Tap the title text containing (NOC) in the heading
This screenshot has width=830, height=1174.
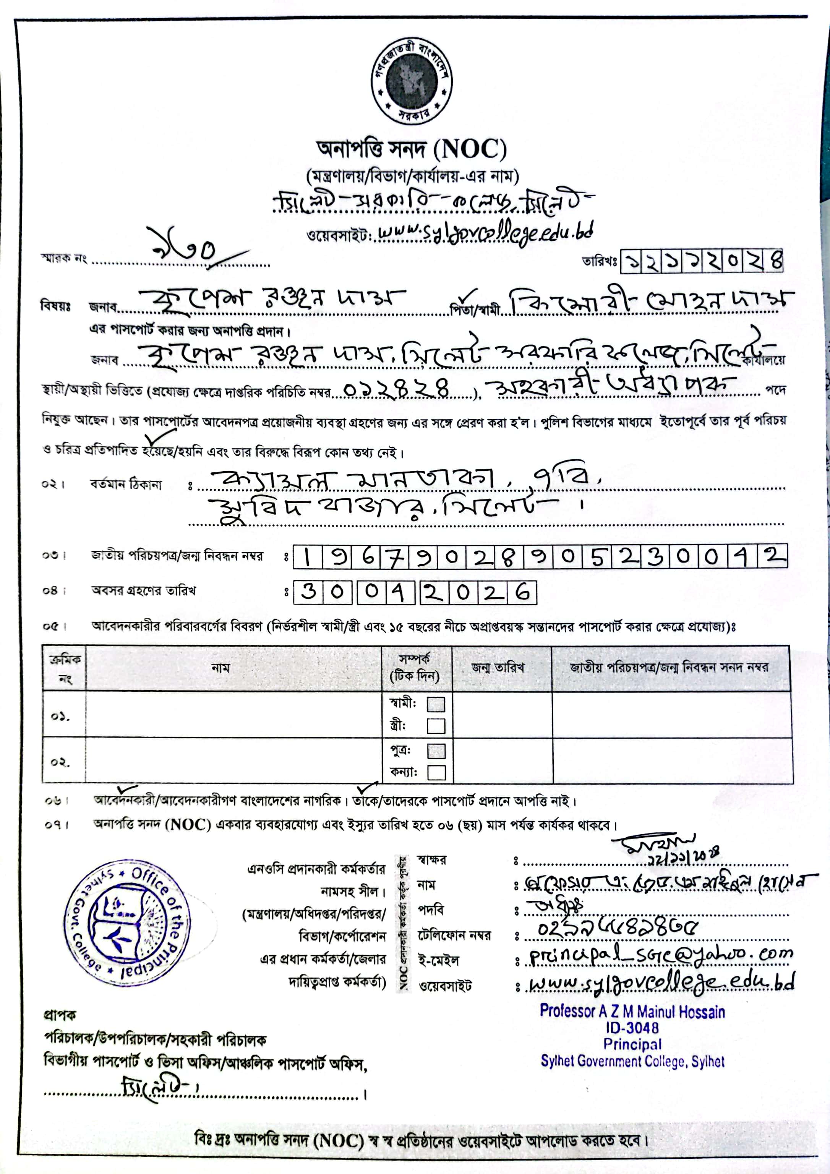[x=412, y=150]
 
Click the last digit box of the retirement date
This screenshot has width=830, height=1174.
[x=522, y=593]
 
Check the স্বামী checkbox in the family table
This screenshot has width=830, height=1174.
[x=436, y=705]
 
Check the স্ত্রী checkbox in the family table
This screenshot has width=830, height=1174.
[x=436, y=726]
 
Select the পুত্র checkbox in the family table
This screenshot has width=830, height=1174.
[x=436, y=751]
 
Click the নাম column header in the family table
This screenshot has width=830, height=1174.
[x=220, y=667]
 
